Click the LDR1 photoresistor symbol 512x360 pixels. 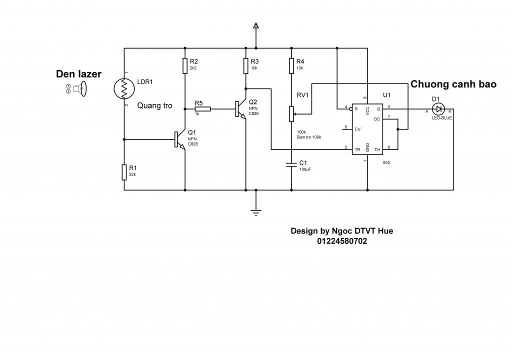pos(124,88)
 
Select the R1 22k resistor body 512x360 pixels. pos(124,172)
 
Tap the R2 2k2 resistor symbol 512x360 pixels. pos(185,65)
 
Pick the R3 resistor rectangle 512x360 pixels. pos(246,65)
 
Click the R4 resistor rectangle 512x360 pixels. pos(291,65)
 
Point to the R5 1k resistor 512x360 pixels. pos(202,109)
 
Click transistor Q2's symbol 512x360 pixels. pos(240,109)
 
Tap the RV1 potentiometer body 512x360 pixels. pos(291,114)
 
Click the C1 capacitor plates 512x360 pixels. pos(291,164)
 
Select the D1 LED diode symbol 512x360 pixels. pos(438,109)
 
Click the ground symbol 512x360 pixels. pos(256,212)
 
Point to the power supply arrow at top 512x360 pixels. pos(256,25)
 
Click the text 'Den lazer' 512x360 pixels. pos(78,74)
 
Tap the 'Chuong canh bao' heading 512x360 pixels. pos(453,84)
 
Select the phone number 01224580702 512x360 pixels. pos(342,241)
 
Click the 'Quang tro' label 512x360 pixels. pos(154,105)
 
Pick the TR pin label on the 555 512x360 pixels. pos(357,149)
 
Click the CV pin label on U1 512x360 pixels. pos(357,129)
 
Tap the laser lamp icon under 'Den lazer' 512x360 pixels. pos(76,88)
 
